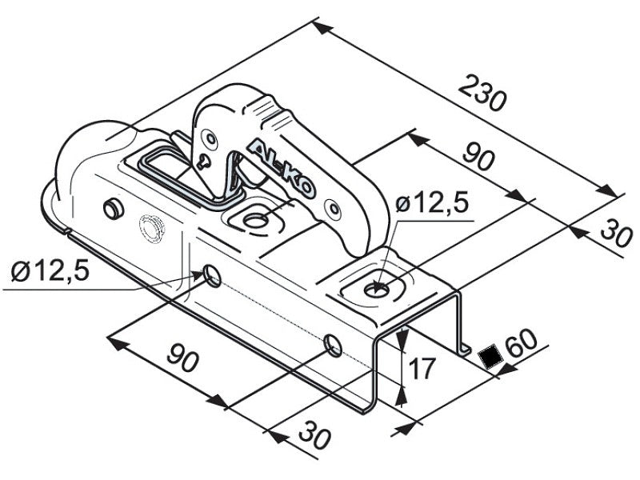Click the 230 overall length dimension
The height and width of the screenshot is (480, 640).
click(482, 93)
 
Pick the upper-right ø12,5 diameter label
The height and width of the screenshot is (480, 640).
click(432, 202)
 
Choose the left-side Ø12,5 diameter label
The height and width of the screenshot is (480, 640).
click(50, 270)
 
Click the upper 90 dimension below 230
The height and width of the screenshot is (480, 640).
click(478, 156)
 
